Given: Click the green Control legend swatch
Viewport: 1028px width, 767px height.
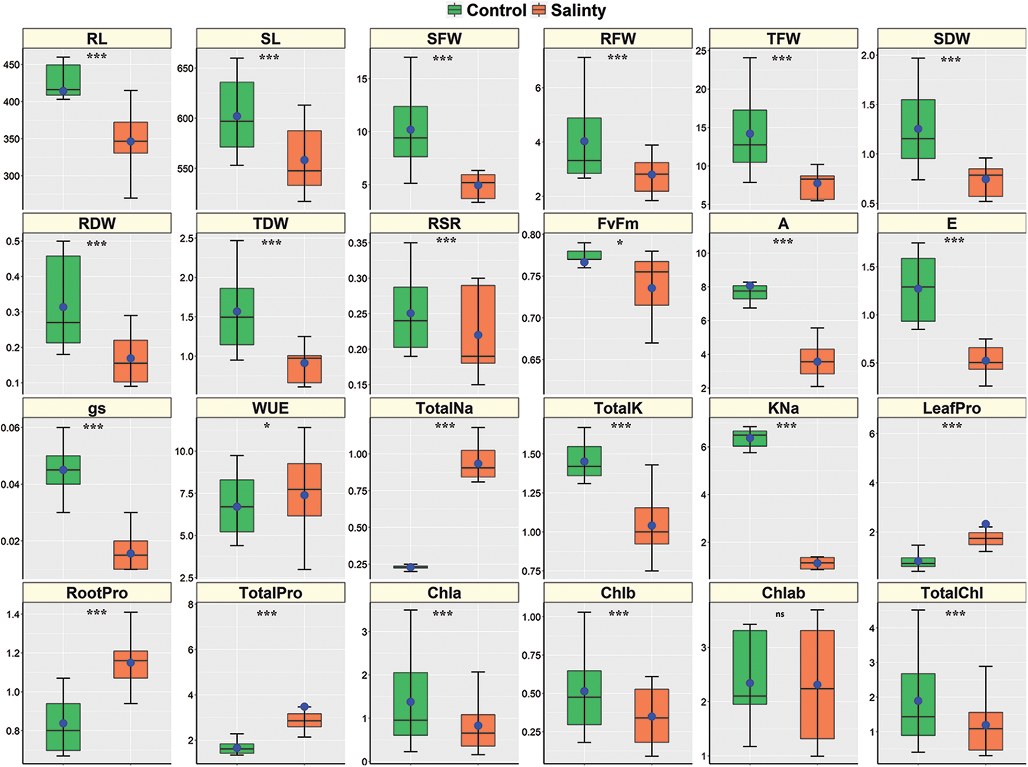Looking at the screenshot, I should pos(454,10).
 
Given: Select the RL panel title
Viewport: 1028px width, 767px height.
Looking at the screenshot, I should pos(97,38).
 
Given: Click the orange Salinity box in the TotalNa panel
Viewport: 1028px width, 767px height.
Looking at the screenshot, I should pos(478,463).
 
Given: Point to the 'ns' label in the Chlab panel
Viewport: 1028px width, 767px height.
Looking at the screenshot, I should pos(780,615).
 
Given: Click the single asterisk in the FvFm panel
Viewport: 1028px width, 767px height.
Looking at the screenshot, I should pos(620,243).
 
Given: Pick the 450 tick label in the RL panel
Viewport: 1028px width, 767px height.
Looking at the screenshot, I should pos(11,65).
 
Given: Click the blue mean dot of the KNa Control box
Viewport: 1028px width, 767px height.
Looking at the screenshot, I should pos(750,438).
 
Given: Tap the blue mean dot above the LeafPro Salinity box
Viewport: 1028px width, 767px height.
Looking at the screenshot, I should pos(986,524).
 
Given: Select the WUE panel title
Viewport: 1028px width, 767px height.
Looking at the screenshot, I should pos(270,408).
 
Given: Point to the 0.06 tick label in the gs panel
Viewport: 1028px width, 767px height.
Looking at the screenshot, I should pos(11,428).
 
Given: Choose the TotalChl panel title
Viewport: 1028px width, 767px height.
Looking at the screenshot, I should pos(952,593).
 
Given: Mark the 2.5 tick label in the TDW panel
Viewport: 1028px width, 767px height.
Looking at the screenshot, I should pos(186,238).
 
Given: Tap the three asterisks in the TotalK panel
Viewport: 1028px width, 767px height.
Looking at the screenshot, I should pos(621,426).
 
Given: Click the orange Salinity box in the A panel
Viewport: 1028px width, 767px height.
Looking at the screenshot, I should pos(817,361).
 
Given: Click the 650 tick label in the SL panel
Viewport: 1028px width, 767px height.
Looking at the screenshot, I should pos(185,68).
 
